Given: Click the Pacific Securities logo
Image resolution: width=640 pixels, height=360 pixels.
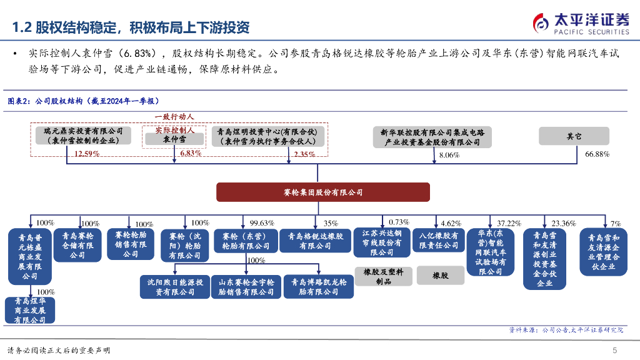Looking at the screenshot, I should [581, 23].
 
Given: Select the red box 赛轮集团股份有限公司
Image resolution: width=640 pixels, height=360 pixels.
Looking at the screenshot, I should [323, 192].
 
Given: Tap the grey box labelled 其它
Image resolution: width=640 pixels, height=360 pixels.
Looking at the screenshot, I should [574, 136].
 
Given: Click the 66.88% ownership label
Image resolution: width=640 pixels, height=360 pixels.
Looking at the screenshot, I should [597, 154].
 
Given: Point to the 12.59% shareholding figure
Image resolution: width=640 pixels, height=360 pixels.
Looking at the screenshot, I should [87, 154].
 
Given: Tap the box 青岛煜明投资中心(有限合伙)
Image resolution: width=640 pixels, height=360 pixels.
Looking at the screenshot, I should [267, 136].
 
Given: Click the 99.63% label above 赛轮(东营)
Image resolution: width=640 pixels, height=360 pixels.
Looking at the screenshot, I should [262, 223].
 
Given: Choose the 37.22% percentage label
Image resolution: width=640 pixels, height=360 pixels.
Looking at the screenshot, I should [509, 223].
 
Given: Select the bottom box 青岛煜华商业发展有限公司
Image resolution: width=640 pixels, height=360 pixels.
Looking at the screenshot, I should [30, 310].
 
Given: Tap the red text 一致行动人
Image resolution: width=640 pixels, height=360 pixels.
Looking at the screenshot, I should [174, 117].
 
